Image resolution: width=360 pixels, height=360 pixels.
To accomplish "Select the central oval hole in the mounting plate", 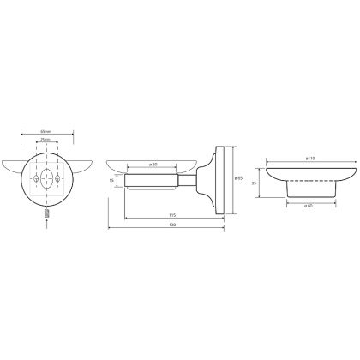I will pyautogui.click(x=46, y=183).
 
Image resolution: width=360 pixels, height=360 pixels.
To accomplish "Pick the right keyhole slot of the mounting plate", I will pyautogui.click(x=58, y=183).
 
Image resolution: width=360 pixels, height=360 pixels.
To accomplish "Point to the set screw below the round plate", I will pyautogui.click(x=46, y=212).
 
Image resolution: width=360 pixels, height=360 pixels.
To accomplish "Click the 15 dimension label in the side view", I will pyautogui.click(x=111, y=181).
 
